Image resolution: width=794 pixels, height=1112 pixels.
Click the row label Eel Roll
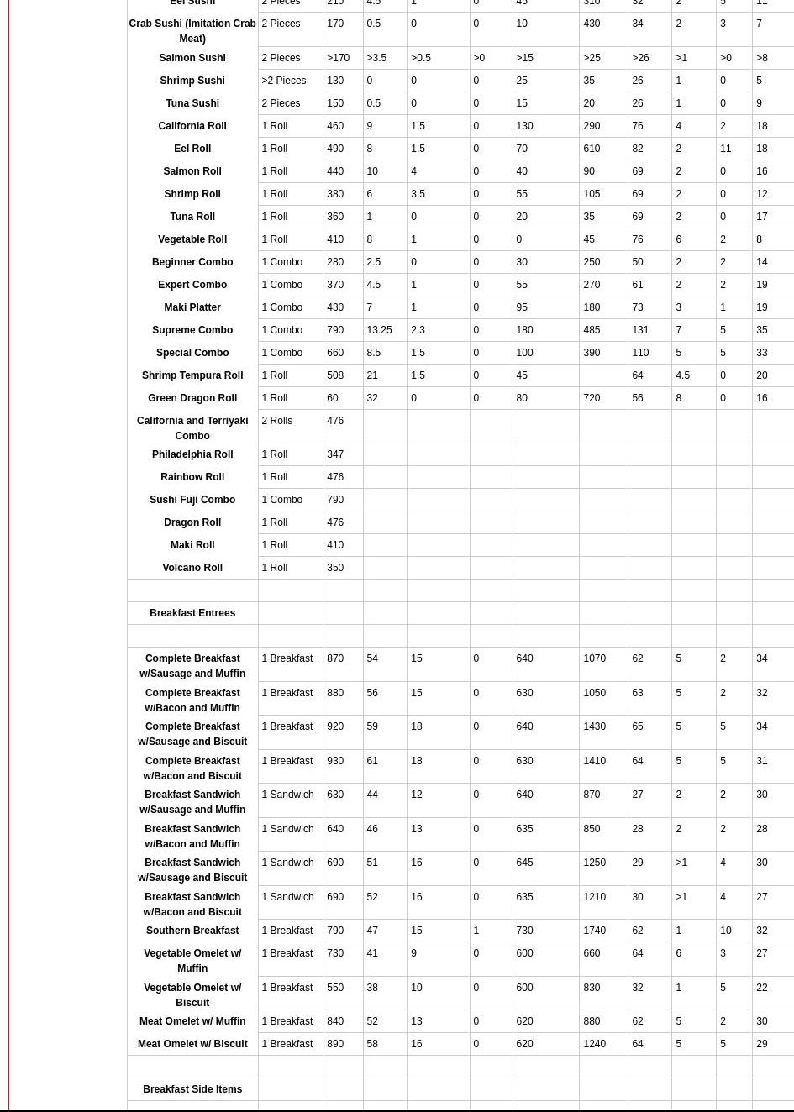click(x=192, y=149)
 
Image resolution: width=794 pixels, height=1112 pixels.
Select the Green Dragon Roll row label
click(x=192, y=398)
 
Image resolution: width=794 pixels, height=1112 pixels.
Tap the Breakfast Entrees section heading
click(x=192, y=613)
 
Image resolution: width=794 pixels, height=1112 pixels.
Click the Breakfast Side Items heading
click(x=192, y=1089)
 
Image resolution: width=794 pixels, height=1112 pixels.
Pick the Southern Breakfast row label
click(x=192, y=931)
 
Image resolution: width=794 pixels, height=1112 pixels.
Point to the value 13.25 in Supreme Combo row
click(x=379, y=330)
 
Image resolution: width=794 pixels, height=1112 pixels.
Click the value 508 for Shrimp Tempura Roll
click(x=335, y=375)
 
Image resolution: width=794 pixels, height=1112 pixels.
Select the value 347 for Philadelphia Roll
click(x=335, y=454)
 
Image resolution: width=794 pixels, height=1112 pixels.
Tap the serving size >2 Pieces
click(x=284, y=81)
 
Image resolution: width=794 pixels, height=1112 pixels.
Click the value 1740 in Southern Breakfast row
click(x=594, y=931)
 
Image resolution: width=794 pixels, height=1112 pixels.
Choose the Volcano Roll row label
click(x=192, y=568)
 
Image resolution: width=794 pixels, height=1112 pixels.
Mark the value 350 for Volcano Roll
click(x=335, y=568)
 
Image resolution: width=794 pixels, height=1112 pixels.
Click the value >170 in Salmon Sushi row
click(x=338, y=58)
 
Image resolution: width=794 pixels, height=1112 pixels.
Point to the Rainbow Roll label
click(x=192, y=477)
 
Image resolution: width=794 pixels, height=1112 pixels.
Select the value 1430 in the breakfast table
click(x=594, y=726)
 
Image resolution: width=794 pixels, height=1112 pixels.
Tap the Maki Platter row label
click(x=192, y=307)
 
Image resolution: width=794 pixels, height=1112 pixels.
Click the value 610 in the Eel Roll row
click(x=592, y=149)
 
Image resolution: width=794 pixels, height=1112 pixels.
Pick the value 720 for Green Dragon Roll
click(x=592, y=398)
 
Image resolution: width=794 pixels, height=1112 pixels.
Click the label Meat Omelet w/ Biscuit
click(x=192, y=1044)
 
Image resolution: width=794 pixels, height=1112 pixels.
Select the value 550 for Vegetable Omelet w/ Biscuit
click(x=335, y=988)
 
